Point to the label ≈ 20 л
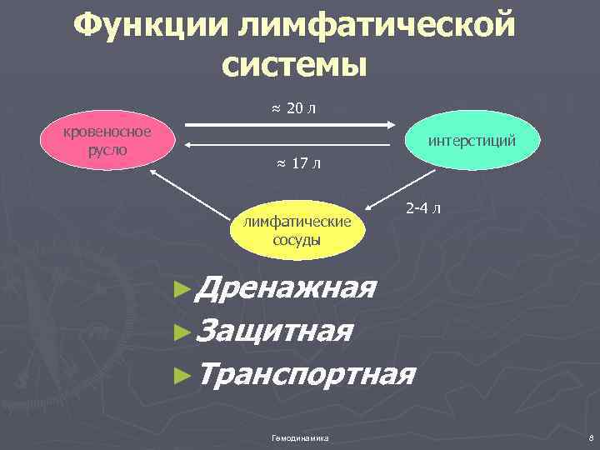(292, 108)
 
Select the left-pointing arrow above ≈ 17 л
(287, 144)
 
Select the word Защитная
(276, 332)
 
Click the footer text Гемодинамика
(300, 437)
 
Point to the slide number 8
(589, 437)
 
